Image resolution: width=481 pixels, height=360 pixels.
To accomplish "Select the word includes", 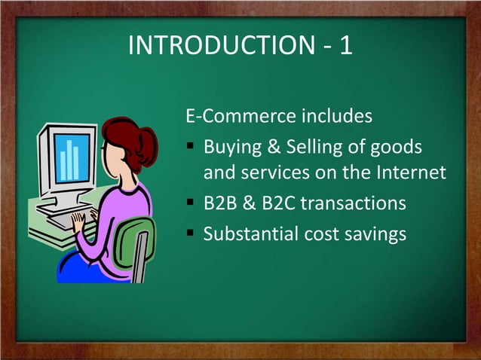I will point(337,117).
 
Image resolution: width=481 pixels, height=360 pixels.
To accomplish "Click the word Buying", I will point(234,145).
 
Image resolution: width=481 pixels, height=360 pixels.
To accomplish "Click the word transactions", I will point(358,204).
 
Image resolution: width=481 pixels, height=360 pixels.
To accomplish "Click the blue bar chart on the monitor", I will point(71,159).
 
